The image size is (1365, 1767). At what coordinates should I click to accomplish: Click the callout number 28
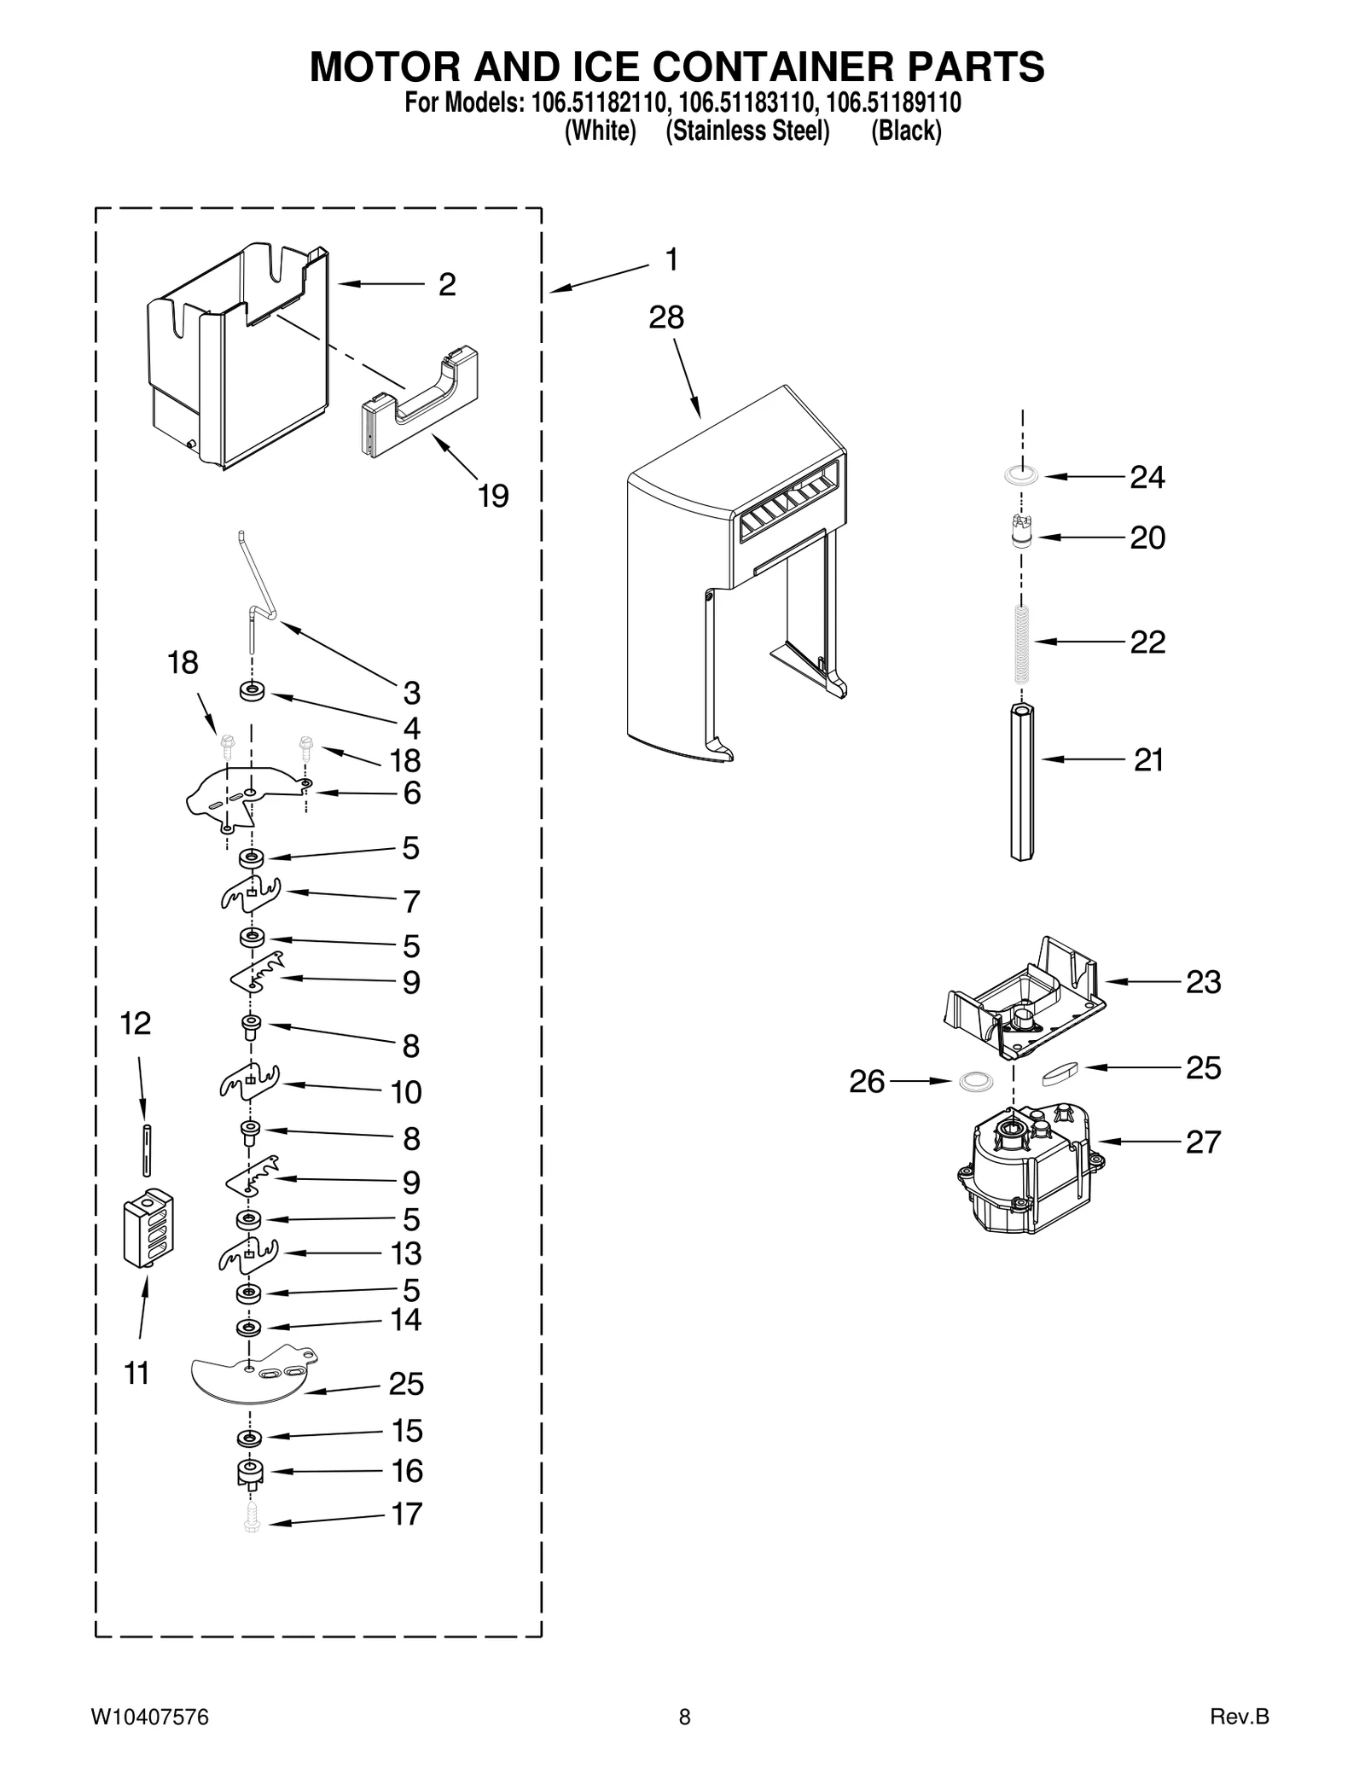click(x=665, y=317)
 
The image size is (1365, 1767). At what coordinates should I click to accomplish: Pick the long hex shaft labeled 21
click(x=1021, y=781)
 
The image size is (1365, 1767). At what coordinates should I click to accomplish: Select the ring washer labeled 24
click(x=1021, y=476)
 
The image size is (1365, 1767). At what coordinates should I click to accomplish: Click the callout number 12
click(x=136, y=1023)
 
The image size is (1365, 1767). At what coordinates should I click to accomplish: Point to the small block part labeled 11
click(x=148, y=1229)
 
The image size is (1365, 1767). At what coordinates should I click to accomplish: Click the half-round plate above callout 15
click(x=252, y=1374)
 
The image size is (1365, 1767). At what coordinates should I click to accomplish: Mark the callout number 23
click(x=1203, y=982)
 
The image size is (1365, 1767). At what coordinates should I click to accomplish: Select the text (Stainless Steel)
click(x=747, y=131)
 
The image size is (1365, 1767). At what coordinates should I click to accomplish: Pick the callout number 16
click(x=407, y=1470)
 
